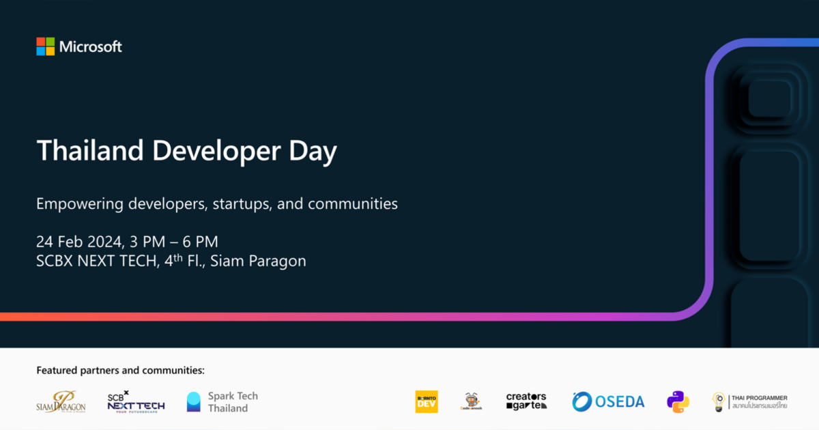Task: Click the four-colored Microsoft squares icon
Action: point(45,46)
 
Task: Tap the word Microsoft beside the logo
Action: point(90,47)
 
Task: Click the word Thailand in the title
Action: point(89,151)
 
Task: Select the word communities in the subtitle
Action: point(352,203)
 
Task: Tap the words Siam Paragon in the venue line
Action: point(258,261)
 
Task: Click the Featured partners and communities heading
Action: point(120,371)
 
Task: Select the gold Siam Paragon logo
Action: point(61,401)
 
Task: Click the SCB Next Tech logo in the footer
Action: point(136,401)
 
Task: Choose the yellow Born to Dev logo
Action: point(427,401)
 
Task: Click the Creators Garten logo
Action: point(526,401)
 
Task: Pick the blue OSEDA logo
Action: point(608,401)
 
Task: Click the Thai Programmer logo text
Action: point(758,401)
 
